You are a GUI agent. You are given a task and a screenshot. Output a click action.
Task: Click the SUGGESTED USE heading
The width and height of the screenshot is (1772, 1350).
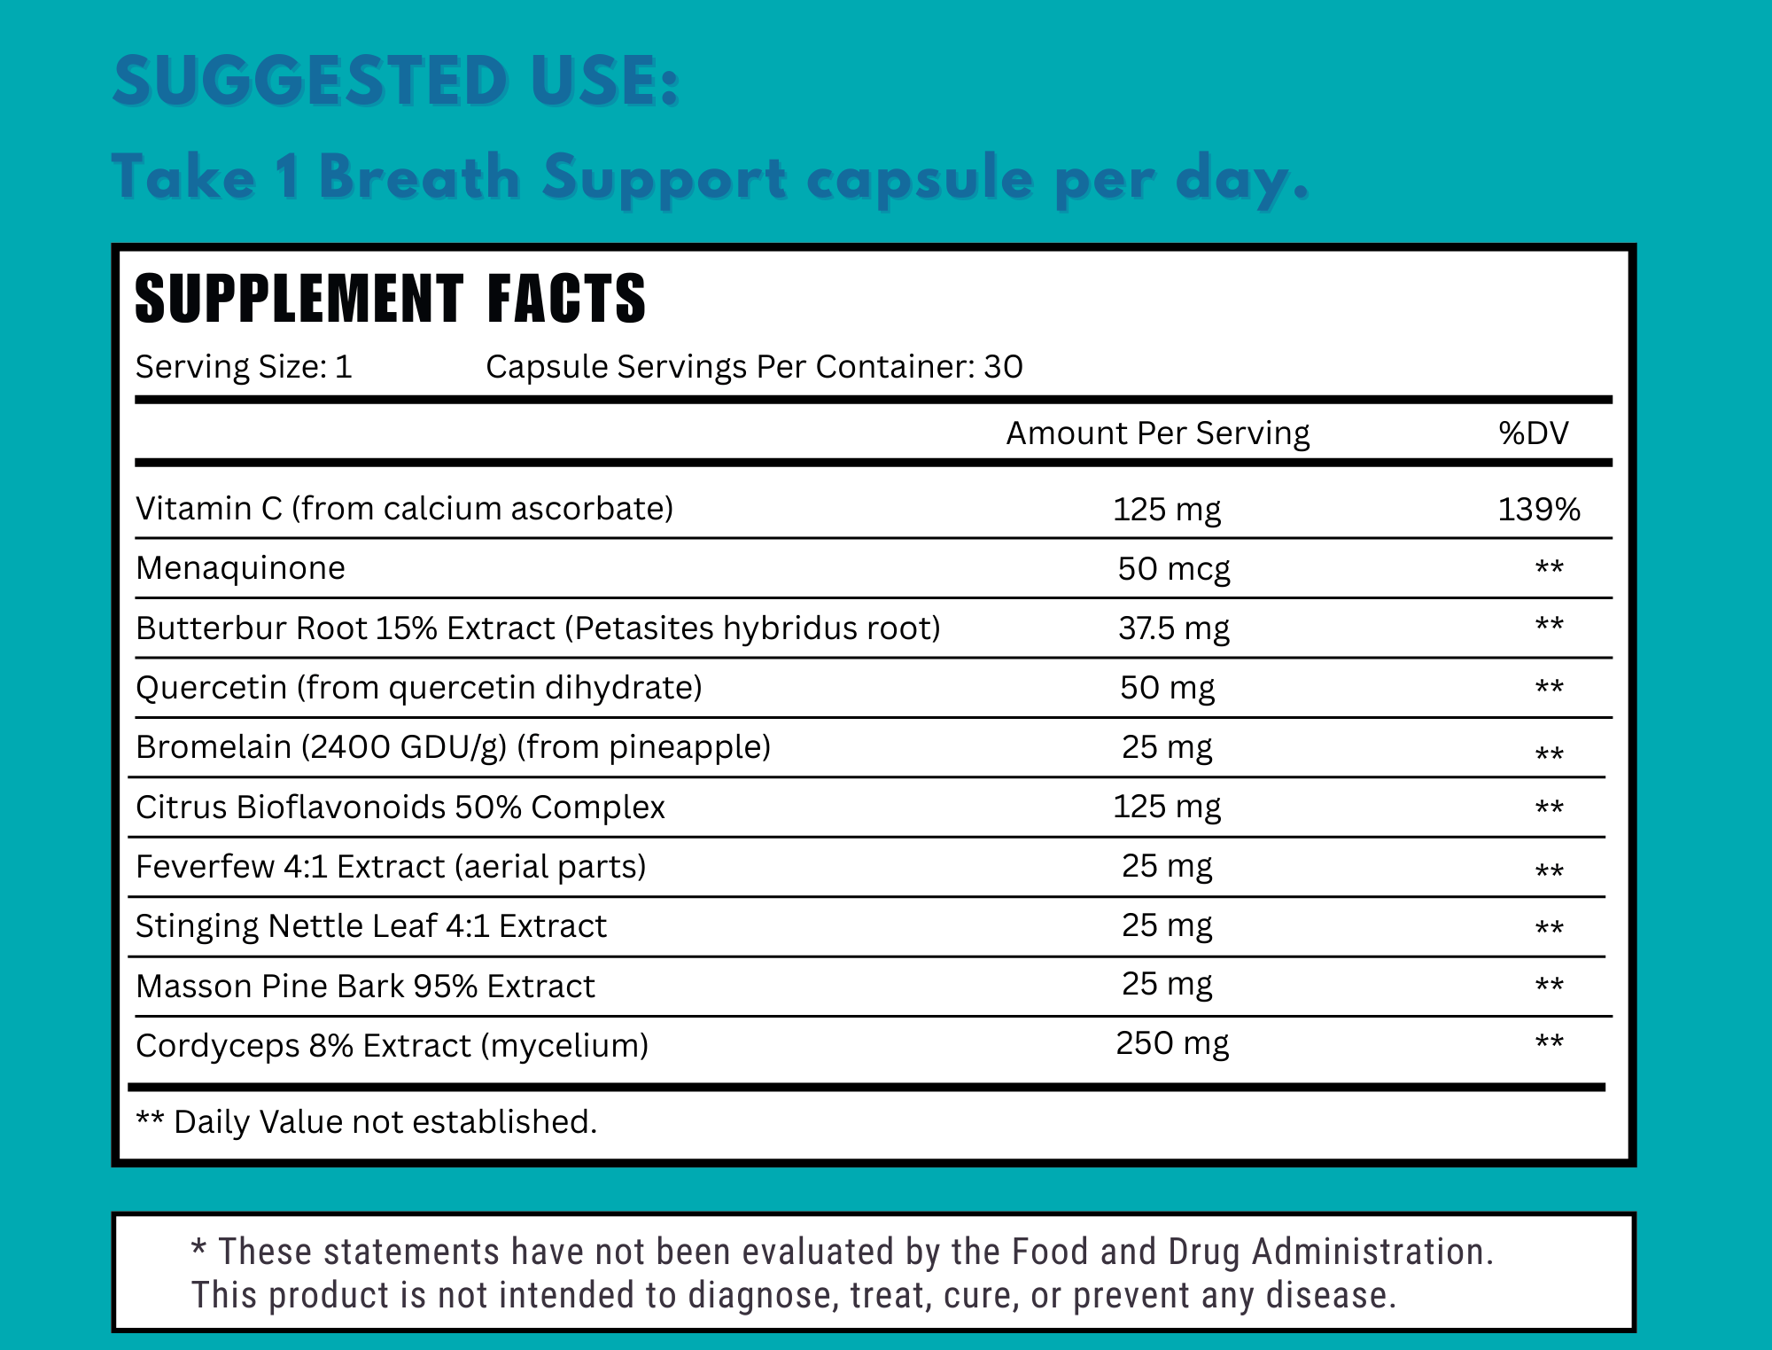pos(396,82)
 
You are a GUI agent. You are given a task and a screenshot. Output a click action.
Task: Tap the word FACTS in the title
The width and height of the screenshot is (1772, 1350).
pos(567,300)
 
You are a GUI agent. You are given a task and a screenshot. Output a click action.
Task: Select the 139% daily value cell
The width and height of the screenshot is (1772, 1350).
pos(1539,510)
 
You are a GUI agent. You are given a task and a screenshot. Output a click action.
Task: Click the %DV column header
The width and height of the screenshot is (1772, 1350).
pos(1534,433)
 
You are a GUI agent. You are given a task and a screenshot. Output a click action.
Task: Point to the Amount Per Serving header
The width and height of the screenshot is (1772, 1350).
pos(1157,433)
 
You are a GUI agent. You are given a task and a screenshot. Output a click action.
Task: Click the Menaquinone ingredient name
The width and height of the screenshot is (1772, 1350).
pos(240,568)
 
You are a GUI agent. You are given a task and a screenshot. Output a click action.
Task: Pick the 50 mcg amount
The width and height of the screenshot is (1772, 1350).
pos(1173,569)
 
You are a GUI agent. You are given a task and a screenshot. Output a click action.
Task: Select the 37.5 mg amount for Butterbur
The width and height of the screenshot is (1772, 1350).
pos(1173,628)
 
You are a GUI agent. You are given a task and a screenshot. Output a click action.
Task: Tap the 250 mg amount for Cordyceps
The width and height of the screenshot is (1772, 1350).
pos(1171,1043)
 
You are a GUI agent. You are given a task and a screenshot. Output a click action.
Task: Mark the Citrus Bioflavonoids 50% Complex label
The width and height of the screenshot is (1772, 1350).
pos(400,808)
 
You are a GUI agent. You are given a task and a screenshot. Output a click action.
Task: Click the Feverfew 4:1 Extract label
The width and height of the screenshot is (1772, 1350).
pos(391,867)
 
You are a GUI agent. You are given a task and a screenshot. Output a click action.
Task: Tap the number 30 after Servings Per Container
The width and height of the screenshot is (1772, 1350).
pos(1003,367)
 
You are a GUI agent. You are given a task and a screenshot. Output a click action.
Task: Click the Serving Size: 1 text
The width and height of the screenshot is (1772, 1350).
pos(244,367)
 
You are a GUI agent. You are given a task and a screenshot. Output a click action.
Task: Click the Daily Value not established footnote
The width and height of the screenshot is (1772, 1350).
pos(366,1122)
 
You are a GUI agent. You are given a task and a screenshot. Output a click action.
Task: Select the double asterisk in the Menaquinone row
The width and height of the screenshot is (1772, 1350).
pos(1549,567)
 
